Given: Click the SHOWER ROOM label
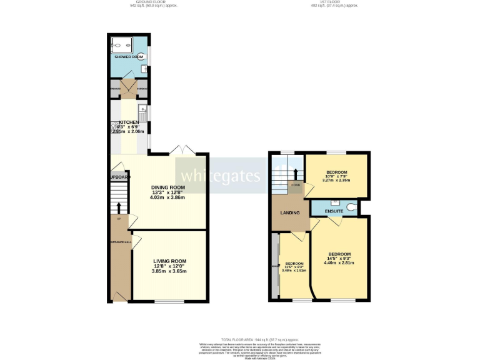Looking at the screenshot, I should point(129,57).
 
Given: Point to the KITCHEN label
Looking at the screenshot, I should point(129,122).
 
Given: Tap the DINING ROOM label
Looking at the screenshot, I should point(167,187).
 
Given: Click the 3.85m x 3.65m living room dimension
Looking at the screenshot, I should point(169,271).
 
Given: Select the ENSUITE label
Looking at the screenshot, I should point(332,212).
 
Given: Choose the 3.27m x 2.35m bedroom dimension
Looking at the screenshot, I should point(336,181).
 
